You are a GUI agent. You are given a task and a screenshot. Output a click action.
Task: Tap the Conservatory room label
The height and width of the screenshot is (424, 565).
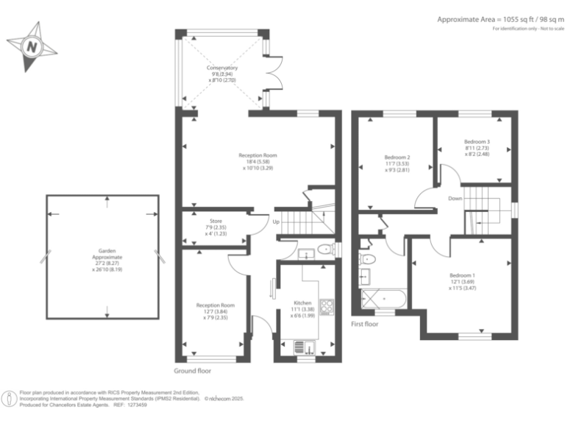pos(221,68)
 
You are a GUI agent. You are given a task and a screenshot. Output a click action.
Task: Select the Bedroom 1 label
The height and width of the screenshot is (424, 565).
pos(463,276)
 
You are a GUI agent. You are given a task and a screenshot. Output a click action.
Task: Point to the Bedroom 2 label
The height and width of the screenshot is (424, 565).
pos(397,157)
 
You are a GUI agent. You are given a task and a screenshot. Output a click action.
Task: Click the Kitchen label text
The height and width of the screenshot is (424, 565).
pos(302,303)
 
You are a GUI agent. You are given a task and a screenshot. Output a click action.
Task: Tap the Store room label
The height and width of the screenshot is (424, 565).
pos(216,221)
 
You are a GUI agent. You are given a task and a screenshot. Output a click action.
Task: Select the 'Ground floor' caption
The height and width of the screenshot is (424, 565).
pos(193,371)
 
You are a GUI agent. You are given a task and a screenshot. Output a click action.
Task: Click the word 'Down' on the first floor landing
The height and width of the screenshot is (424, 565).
pos(455,198)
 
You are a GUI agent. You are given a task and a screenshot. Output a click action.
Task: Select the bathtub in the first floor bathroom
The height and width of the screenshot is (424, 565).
pos(383,299)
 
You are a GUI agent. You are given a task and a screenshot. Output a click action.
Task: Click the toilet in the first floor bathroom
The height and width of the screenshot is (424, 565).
pos(368,258)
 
